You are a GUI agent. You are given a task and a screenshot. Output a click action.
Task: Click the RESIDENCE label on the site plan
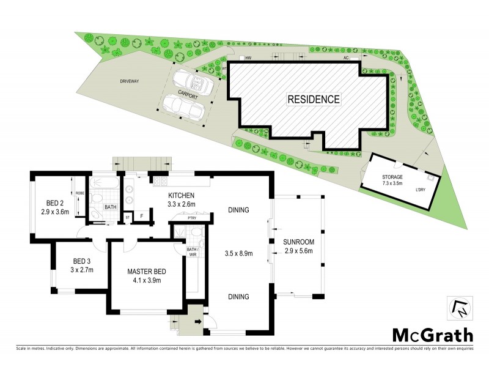coord(314,98)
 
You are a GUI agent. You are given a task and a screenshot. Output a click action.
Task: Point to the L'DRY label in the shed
coord(421,191)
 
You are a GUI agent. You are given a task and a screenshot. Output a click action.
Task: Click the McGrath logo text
coord(432,335)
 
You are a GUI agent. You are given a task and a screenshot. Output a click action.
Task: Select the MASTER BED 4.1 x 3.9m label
coord(147,276)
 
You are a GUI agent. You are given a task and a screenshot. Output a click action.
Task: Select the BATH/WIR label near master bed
coord(192,253)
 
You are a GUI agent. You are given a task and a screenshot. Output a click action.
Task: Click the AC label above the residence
coord(345,58)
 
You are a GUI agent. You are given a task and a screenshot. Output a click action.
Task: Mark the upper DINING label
coord(238,210)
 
